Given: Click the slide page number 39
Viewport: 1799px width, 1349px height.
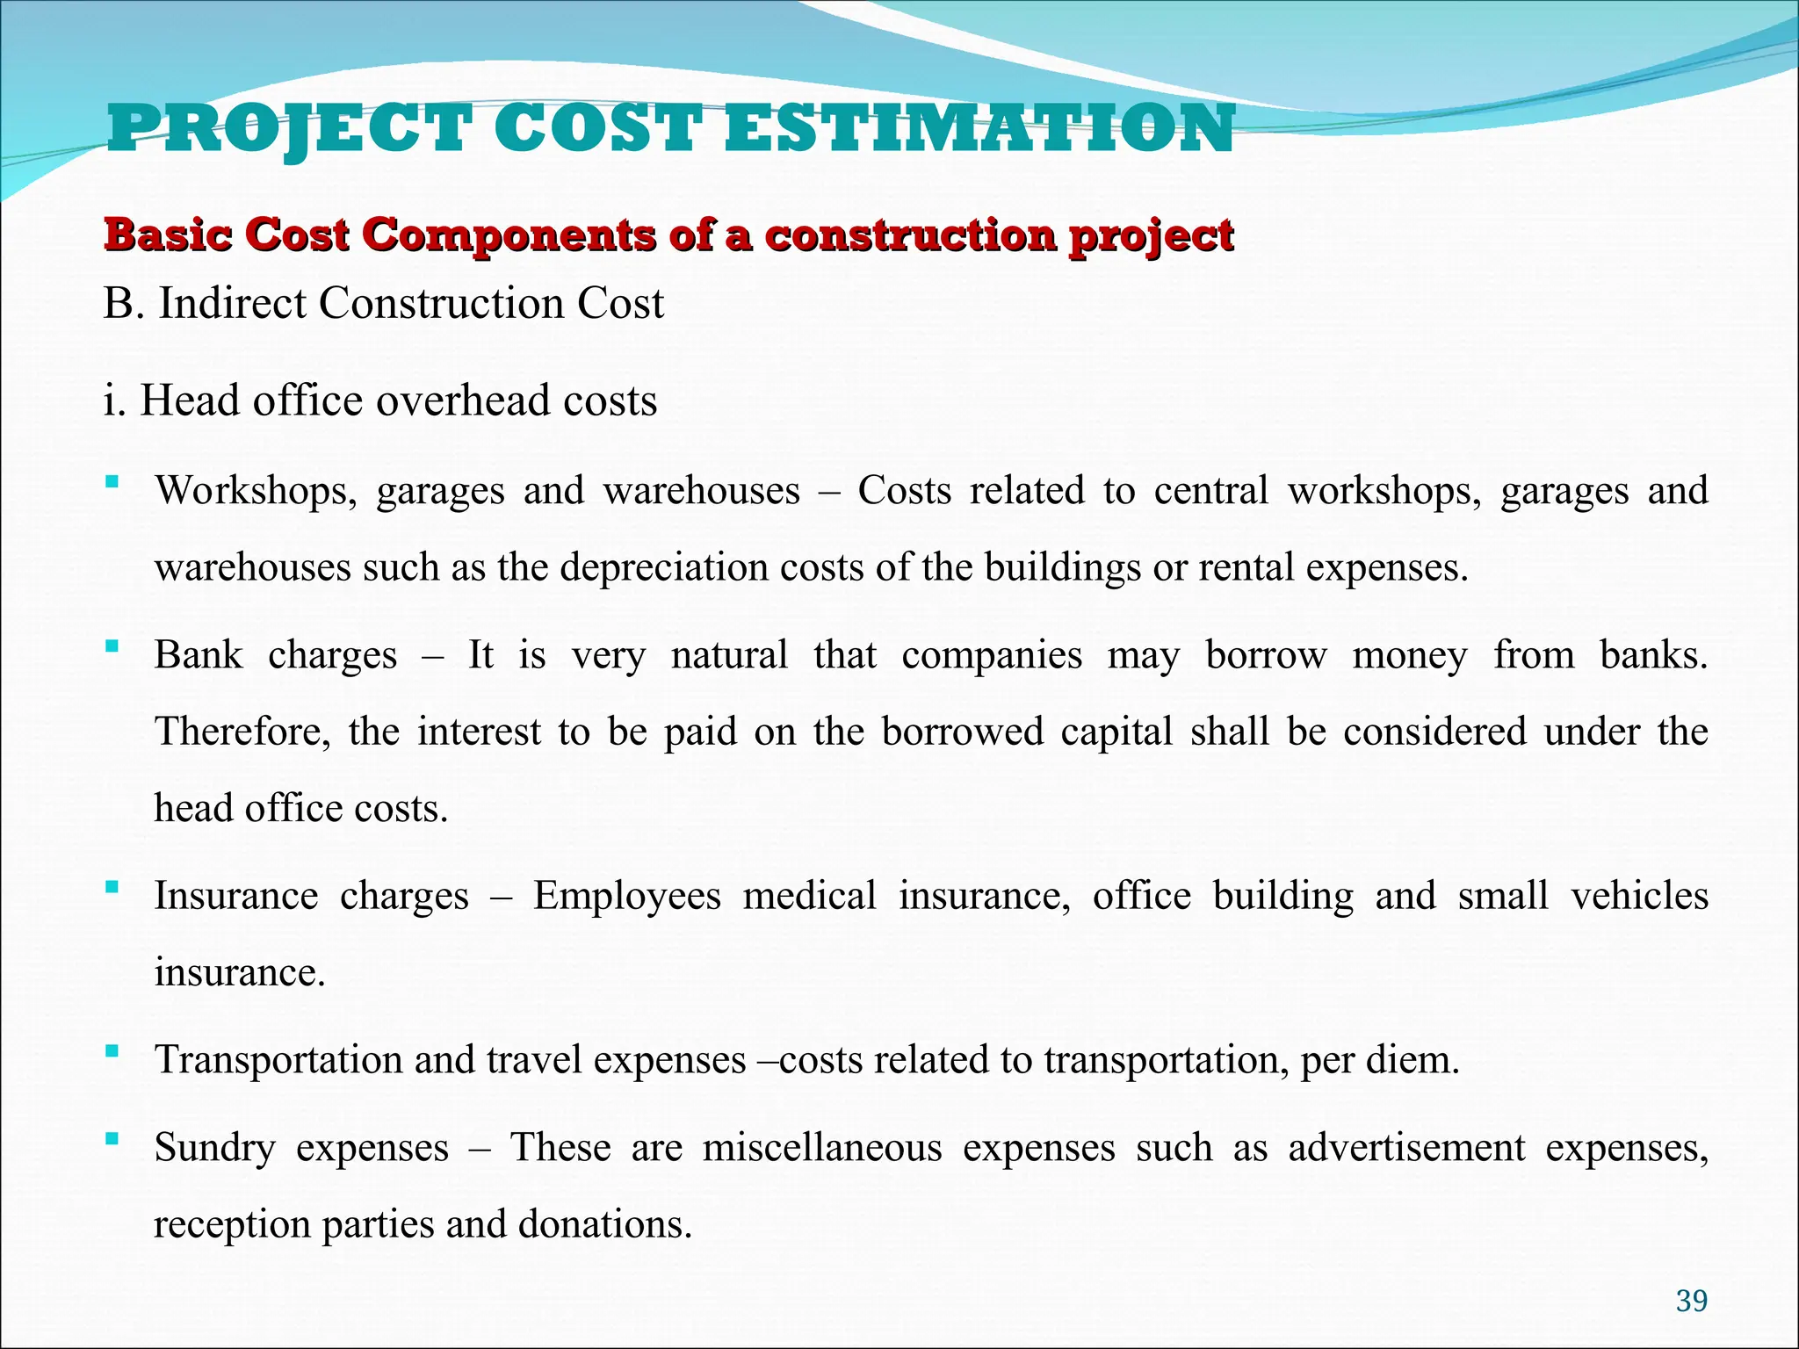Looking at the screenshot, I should click(x=1691, y=1301).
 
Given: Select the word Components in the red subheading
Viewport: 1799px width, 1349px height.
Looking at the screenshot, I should click(x=509, y=236).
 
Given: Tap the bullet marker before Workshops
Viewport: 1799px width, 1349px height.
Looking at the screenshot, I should click(x=112, y=481).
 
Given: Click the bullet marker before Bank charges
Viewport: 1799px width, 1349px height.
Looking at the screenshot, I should click(x=112, y=646).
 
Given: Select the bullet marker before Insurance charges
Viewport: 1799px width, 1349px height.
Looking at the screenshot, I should click(x=112, y=887).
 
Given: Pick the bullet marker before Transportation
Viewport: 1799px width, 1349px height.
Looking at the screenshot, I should click(x=112, y=1050).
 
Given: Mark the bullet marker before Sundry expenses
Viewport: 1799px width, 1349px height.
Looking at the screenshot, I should click(x=112, y=1139).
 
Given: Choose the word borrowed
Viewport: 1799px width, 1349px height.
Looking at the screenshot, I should click(x=962, y=732).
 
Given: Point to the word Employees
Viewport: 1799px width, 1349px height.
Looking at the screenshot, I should click(x=626, y=897).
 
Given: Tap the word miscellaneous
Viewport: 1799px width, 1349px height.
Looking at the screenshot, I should click(x=821, y=1148).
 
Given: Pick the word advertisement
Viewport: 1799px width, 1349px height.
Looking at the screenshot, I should click(x=1406, y=1148).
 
